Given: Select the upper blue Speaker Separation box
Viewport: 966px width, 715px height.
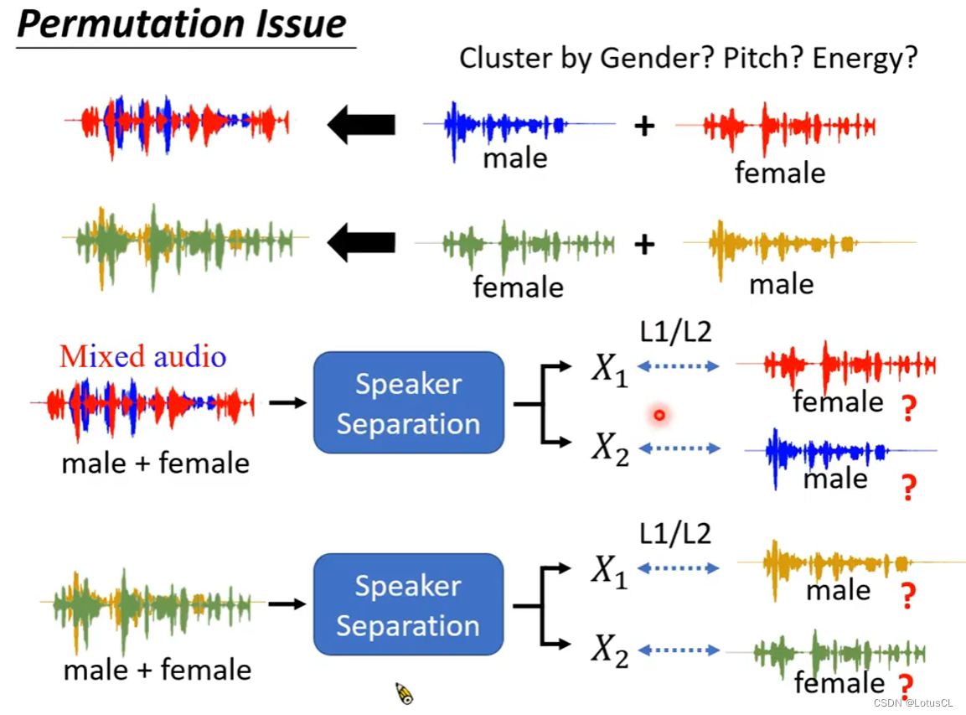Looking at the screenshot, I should click(408, 403).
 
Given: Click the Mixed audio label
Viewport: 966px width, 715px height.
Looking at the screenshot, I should click(142, 356).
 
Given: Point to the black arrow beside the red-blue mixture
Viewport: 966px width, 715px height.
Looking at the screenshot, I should click(361, 125).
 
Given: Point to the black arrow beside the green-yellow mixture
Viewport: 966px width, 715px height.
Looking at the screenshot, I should click(361, 243).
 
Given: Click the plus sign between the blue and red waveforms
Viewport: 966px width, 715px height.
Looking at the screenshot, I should click(643, 127).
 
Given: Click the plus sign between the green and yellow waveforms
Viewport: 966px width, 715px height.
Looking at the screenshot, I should click(643, 244).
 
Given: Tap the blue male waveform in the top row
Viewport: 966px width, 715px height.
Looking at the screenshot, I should click(503, 127).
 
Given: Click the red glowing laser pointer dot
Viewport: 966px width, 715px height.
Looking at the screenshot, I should click(659, 414).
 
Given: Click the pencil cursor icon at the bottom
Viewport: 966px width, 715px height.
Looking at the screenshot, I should click(405, 693).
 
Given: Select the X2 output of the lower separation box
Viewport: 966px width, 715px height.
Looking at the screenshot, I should click(609, 650).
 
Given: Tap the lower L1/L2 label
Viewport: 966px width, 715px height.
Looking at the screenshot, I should click(675, 533).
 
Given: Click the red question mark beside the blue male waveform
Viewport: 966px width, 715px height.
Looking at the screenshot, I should click(908, 487).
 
